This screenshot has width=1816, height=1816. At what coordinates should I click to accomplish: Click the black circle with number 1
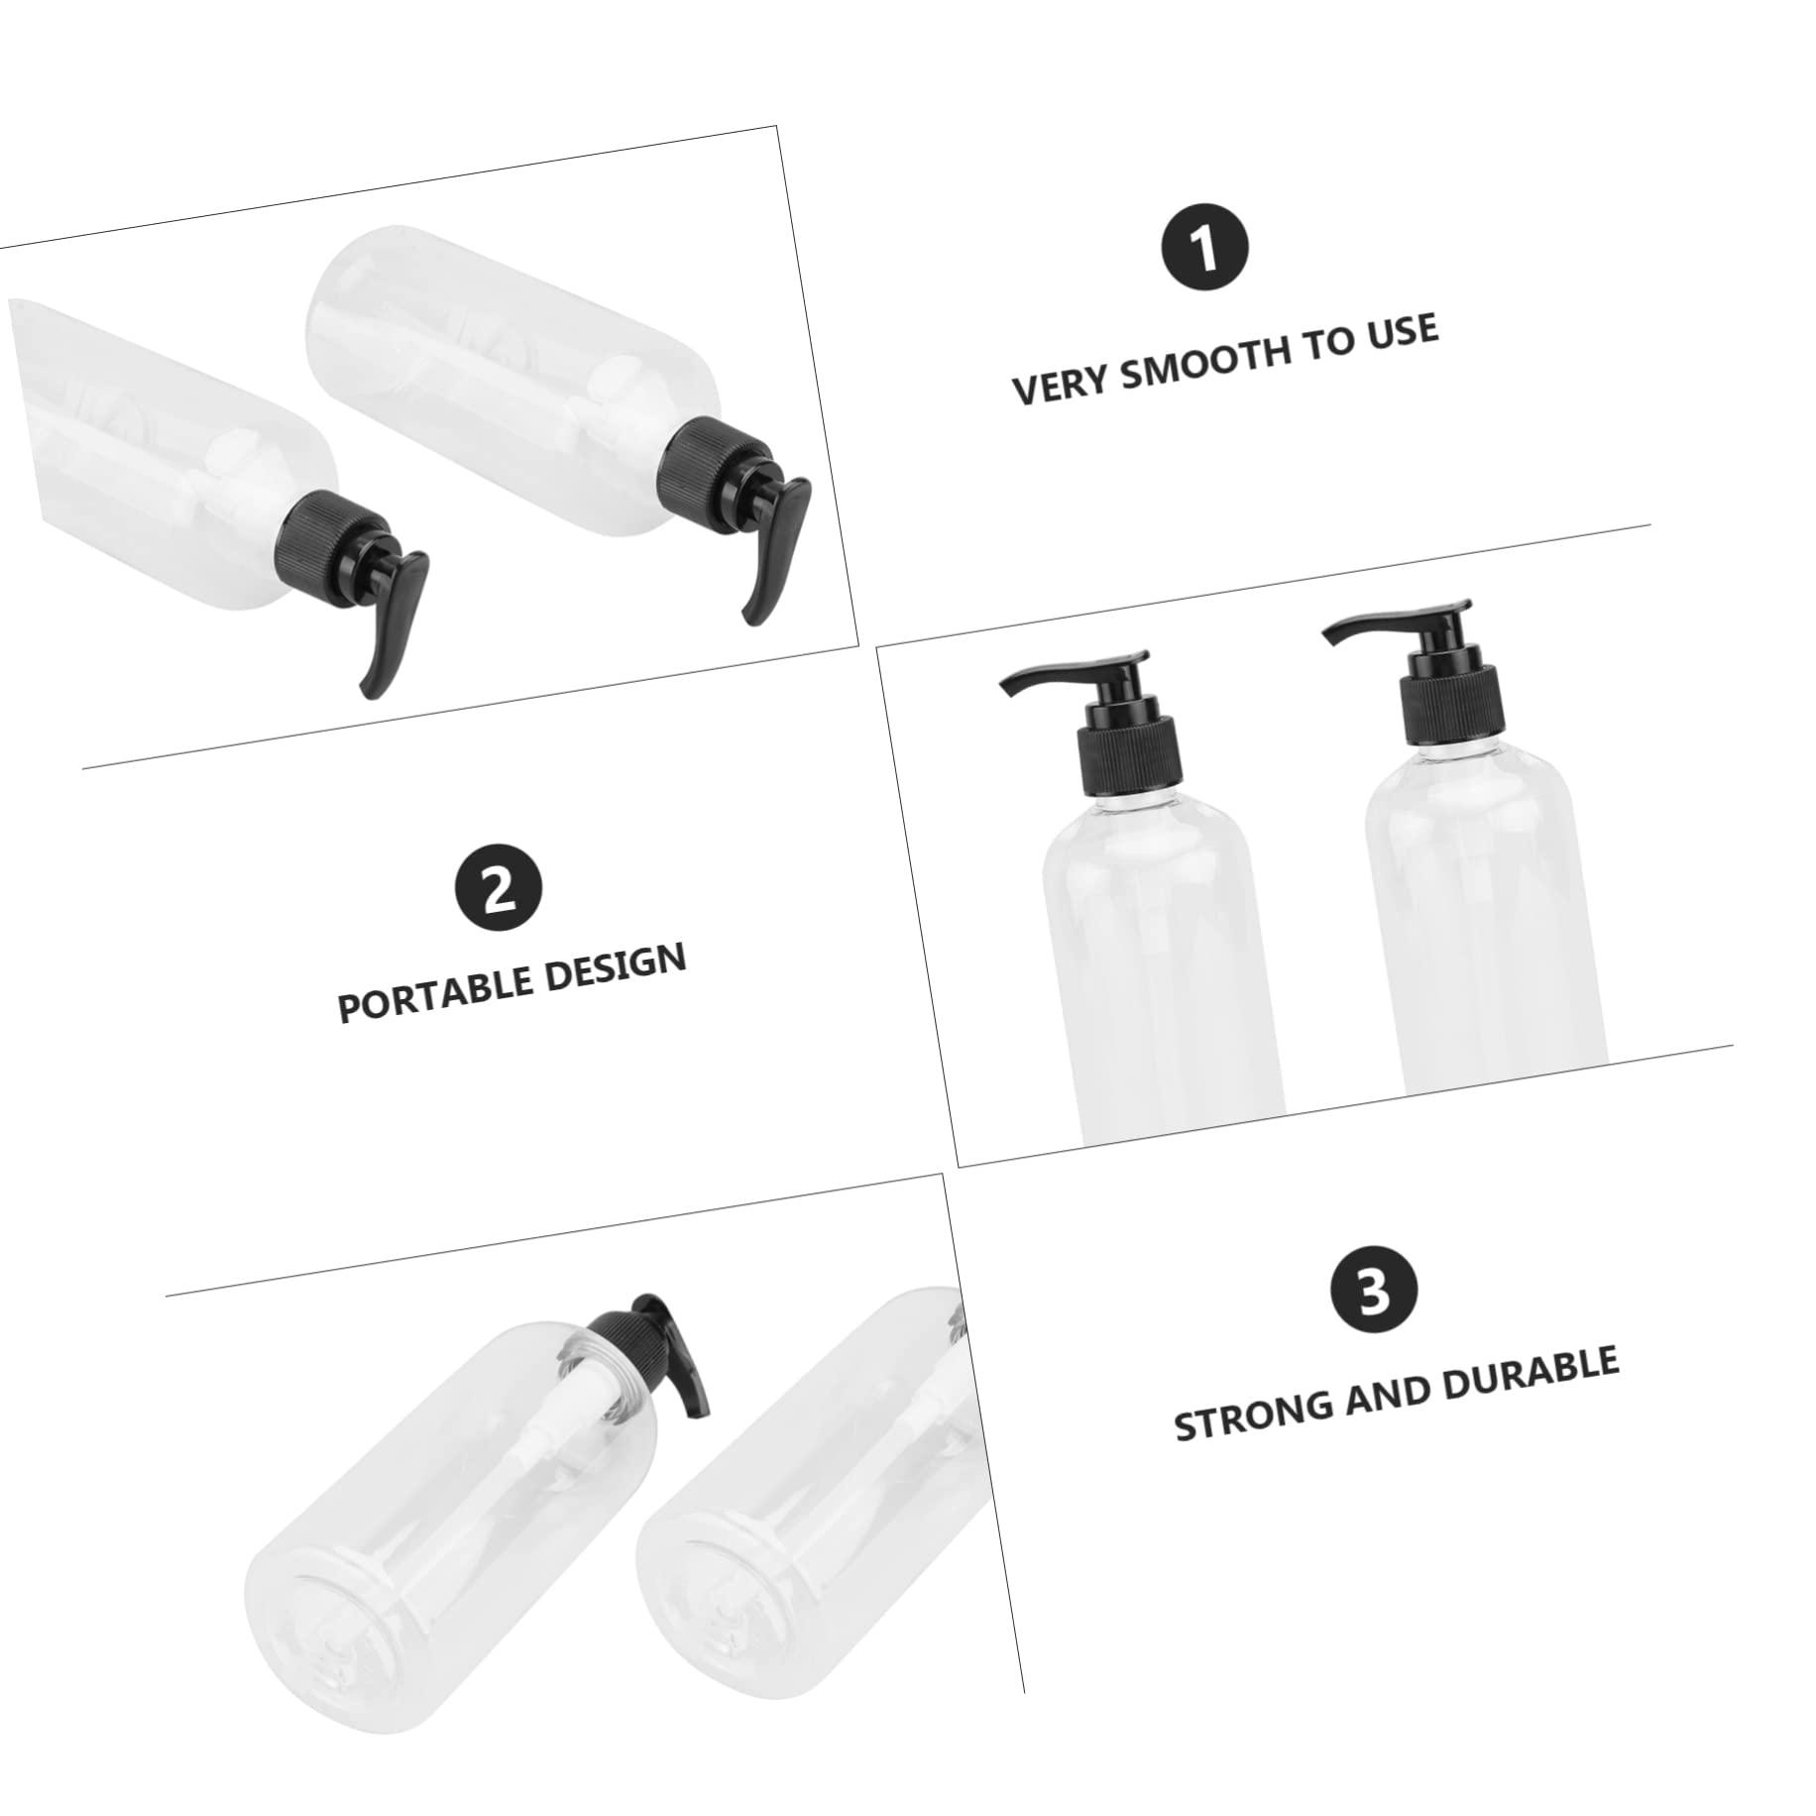point(1204,248)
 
